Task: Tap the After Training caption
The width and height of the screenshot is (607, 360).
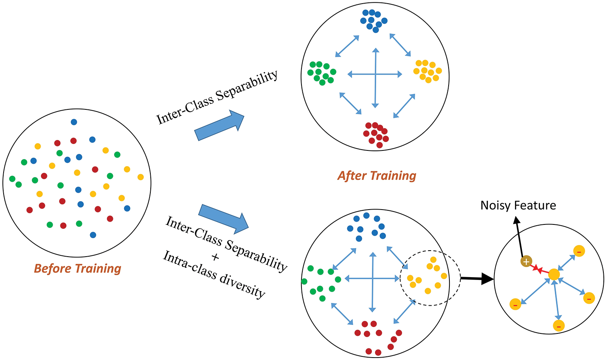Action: pyautogui.click(x=377, y=176)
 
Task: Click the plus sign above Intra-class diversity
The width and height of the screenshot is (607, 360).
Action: pyautogui.click(x=215, y=257)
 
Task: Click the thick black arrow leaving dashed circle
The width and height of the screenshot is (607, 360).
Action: pyautogui.click(x=477, y=278)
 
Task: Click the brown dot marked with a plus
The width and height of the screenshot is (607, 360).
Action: pyautogui.click(x=526, y=261)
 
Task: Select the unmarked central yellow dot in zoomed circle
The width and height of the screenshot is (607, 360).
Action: pyautogui.click(x=554, y=274)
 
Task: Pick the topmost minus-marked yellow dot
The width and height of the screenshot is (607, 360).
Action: pyautogui.click(x=579, y=251)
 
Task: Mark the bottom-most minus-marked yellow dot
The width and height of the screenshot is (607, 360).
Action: pyautogui.click(x=559, y=325)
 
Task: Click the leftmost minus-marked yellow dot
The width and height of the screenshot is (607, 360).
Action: pyautogui.click(x=515, y=304)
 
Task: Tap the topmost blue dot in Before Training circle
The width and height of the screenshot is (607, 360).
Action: pyautogui.click(x=74, y=122)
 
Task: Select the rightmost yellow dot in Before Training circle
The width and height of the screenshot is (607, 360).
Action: pyautogui.click(x=140, y=177)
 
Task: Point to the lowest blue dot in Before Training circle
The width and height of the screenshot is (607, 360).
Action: pyautogui.click(x=93, y=235)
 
